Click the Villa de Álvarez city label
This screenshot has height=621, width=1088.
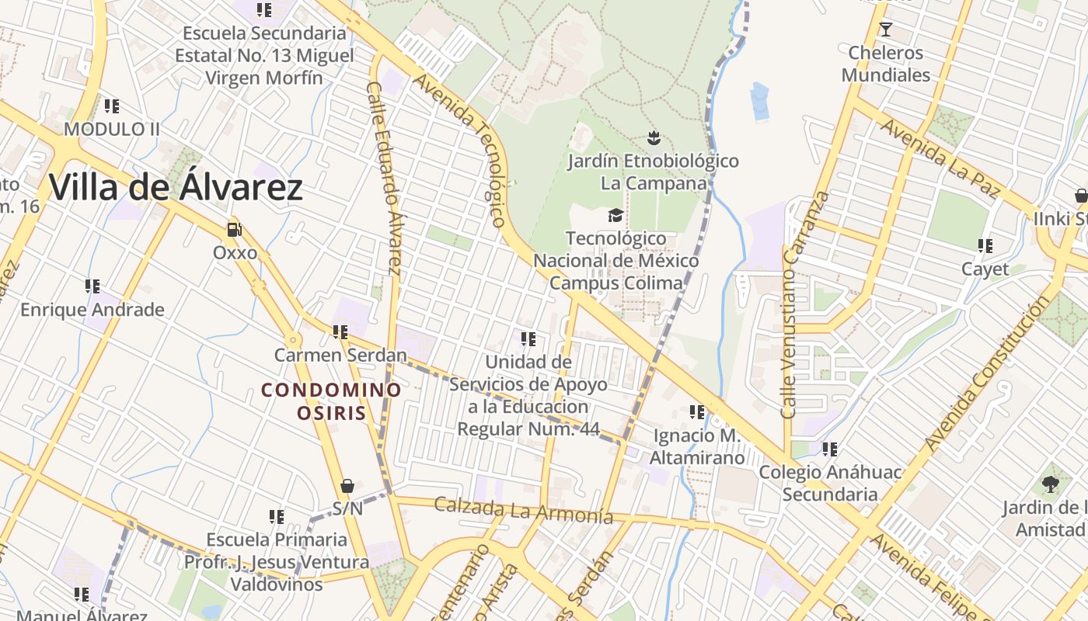coord(176,188)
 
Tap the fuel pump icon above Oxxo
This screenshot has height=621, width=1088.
coord(234,229)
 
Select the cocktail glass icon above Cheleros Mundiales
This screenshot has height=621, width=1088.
coord(885,29)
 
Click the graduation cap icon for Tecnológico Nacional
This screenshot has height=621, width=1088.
coord(615,215)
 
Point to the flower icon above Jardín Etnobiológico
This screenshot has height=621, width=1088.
coord(653,138)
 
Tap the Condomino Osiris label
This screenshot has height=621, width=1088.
coord(331,401)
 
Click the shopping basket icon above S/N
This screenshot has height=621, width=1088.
coord(347,486)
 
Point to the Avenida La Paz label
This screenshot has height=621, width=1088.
coord(940,160)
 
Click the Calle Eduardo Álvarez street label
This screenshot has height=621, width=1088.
coord(384,179)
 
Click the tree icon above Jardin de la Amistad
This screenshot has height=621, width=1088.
coord(1050,484)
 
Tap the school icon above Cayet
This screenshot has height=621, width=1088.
coord(985,247)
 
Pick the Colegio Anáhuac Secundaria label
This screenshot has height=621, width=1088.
coord(830,483)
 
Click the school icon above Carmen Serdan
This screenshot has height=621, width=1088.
coord(340,332)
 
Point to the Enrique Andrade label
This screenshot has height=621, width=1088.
coord(92,310)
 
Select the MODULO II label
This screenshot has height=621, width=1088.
coord(112,129)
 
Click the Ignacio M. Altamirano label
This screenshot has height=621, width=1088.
coord(697,446)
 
